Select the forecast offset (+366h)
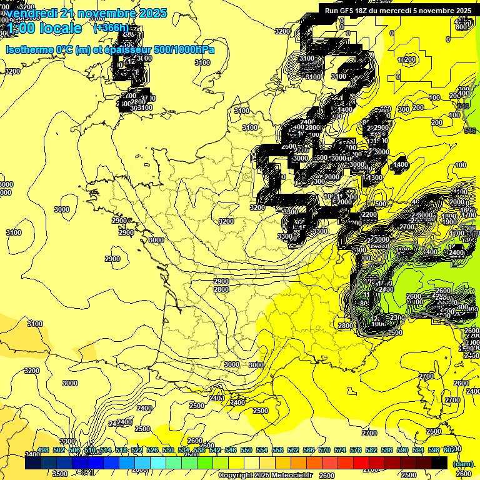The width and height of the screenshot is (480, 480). tap(111, 27)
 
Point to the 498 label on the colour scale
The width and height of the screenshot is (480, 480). tap(43, 451)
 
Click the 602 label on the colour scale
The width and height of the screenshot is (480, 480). tap(449, 451)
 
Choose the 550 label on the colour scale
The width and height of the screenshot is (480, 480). tap(246, 451)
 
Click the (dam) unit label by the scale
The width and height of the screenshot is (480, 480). tap(463, 464)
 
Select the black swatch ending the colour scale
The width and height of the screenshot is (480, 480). tap(439, 462)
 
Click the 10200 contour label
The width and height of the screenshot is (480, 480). tap(406, 60)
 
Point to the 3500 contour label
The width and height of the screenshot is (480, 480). tap(60, 474)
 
